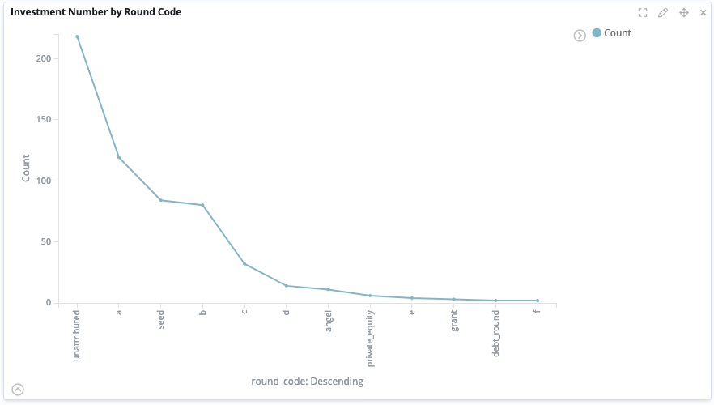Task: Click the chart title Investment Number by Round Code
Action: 96,13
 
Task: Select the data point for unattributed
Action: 77,36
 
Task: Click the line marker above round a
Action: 119,157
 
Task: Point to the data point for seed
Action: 160,200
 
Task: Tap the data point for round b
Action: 202,205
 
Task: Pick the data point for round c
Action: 244,264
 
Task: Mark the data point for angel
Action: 328,289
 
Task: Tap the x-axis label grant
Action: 454,321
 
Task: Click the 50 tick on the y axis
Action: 46,242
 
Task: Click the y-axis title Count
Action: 26,168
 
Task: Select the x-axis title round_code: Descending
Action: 307,381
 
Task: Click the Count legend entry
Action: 617,33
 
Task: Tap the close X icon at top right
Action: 703,13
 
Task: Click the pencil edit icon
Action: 662,13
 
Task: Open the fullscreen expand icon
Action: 643,13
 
